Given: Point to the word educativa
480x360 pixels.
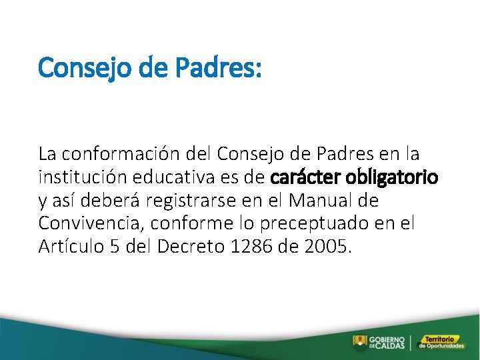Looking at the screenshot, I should pyautogui.click(x=160, y=178).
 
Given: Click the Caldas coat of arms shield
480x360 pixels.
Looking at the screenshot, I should pyautogui.click(x=359, y=343).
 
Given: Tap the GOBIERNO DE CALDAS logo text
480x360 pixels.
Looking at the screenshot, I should pyautogui.click(x=386, y=343).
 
